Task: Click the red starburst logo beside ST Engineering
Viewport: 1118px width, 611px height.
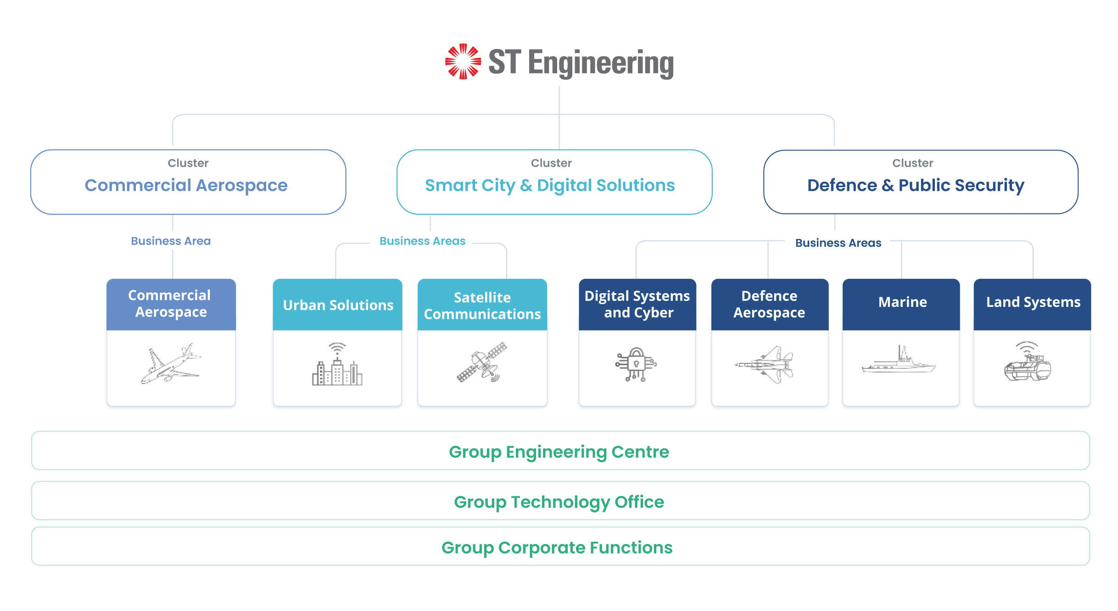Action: (463, 61)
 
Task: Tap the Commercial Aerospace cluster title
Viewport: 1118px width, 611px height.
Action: (186, 185)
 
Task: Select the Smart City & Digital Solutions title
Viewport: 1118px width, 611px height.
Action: (550, 185)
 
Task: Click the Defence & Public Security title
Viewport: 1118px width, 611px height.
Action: (916, 185)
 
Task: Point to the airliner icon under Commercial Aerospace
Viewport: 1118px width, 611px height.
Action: (171, 363)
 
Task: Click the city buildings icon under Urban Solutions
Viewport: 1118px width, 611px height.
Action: (337, 364)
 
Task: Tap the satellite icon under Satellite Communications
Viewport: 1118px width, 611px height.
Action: (482, 362)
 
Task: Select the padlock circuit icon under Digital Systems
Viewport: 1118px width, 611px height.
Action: (636, 364)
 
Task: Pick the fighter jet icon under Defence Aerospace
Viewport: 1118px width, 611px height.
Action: (764, 365)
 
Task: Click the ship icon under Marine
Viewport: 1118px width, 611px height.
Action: (899, 359)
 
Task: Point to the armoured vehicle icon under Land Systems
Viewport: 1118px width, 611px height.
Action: (1028, 361)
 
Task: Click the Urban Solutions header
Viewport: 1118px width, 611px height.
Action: (338, 305)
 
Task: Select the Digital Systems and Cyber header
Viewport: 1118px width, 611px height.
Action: (637, 305)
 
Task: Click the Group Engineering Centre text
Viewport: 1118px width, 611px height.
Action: (559, 452)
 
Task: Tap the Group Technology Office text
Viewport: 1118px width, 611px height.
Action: (559, 502)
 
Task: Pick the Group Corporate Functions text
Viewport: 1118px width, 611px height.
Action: (557, 547)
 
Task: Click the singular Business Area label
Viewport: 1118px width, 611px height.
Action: (171, 241)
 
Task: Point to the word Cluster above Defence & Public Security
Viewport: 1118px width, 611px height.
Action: (913, 163)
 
